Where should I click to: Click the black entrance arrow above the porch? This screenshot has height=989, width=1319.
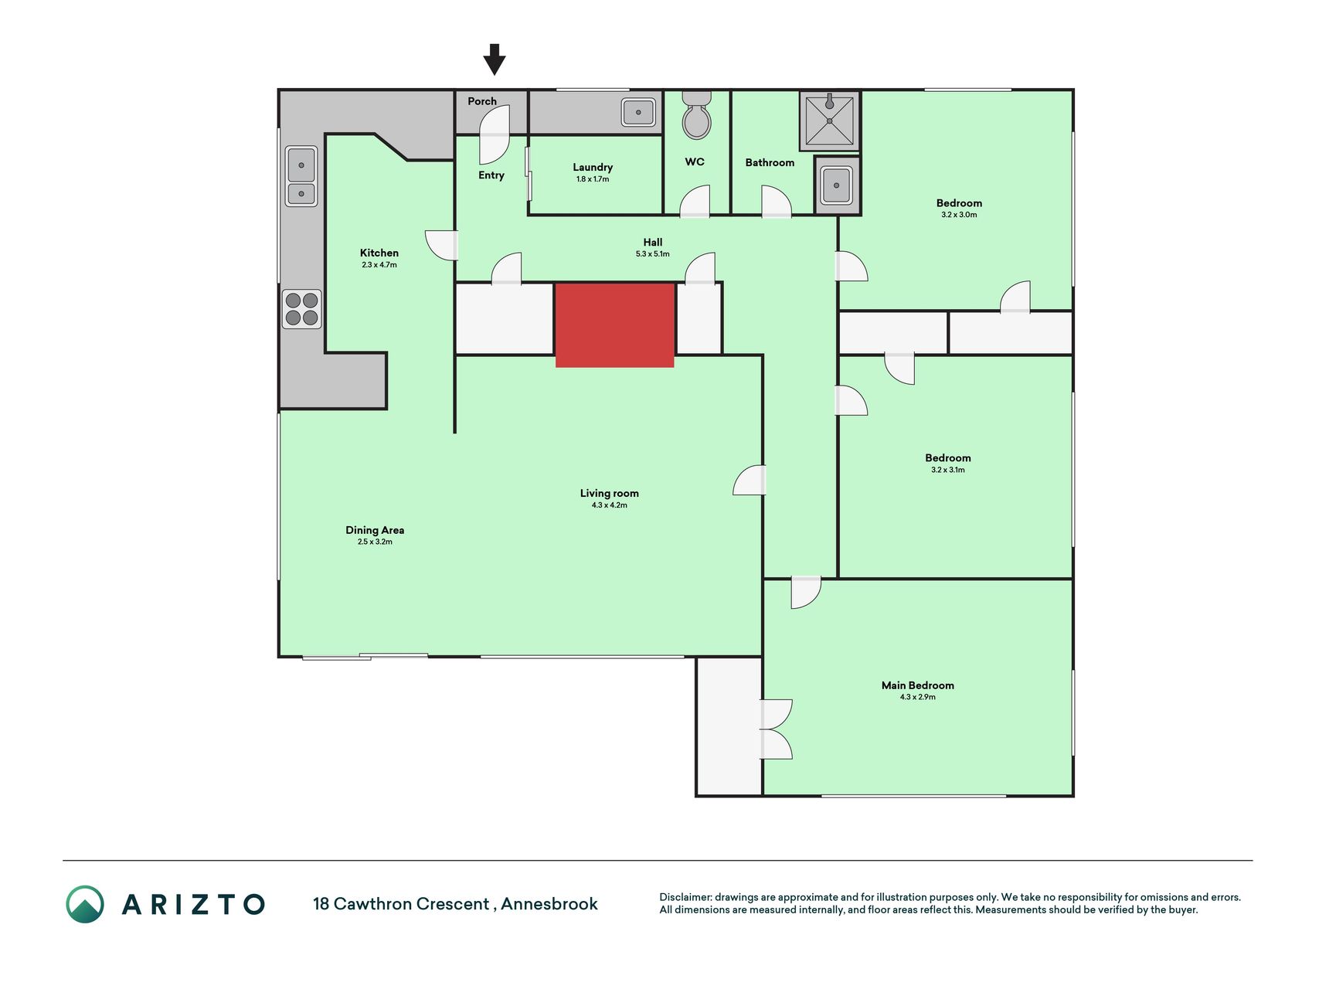(x=495, y=59)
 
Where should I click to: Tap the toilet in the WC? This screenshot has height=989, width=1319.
(x=696, y=114)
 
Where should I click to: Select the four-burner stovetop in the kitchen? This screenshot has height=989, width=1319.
(x=301, y=308)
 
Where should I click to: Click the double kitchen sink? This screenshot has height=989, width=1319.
(x=301, y=176)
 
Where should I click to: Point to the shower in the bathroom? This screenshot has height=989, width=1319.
(x=829, y=120)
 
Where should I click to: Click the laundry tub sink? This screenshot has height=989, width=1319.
(x=638, y=112)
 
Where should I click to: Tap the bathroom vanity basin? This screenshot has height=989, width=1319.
(x=836, y=185)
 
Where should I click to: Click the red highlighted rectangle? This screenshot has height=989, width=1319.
(x=615, y=325)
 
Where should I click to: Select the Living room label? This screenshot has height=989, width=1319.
(x=610, y=493)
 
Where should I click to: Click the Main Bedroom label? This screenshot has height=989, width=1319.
(x=918, y=685)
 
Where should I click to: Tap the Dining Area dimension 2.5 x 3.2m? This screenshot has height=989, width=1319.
(x=375, y=542)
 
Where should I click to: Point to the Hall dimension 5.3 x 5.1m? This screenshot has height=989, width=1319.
(x=653, y=254)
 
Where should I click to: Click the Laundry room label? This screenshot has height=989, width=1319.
(x=593, y=167)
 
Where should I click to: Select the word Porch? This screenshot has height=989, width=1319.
(x=482, y=101)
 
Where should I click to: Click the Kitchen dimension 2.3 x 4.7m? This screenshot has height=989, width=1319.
(x=379, y=265)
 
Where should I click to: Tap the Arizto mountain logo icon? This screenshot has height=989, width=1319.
(x=85, y=904)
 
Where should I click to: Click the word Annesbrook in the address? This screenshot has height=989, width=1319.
(x=549, y=904)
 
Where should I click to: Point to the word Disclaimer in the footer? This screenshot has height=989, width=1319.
(x=685, y=897)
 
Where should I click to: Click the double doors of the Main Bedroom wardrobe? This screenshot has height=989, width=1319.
(x=776, y=729)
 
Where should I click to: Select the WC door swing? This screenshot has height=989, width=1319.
(x=695, y=201)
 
